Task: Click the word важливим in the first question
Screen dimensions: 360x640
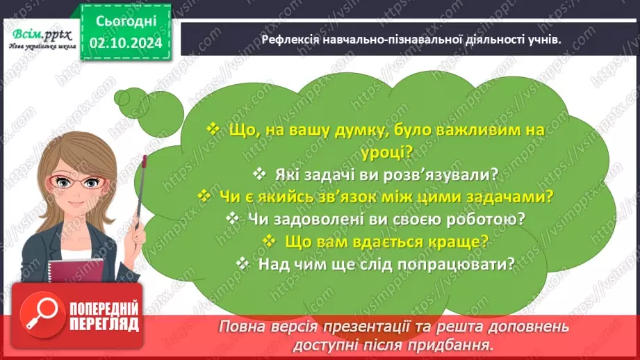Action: point(457,129)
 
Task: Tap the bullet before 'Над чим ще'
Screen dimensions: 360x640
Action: point(243,264)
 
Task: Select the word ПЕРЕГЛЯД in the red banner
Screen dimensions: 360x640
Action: point(104,324)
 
